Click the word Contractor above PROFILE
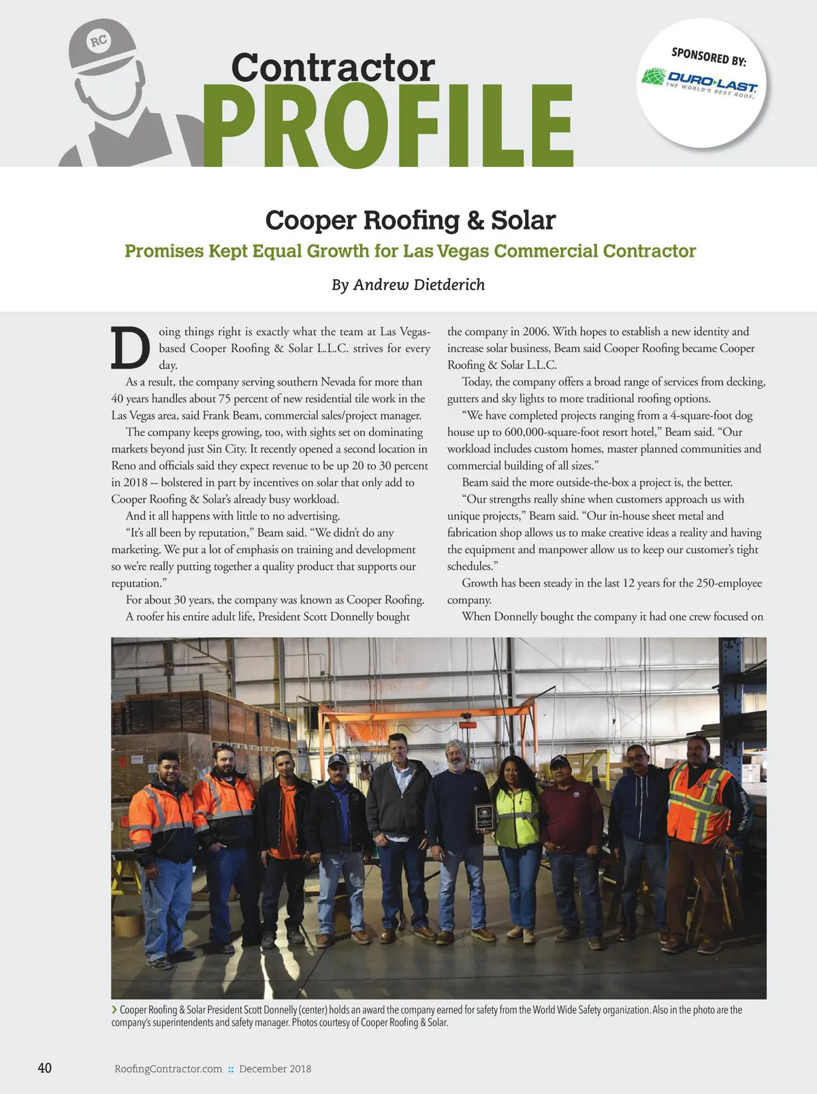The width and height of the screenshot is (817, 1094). pos(332,67)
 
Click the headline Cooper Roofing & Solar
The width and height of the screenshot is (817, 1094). pos(410,220)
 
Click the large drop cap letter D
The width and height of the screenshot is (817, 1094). pos(130,349)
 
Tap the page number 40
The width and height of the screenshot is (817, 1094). pos(44,1067)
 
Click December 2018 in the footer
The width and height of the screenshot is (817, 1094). pos(275,1069)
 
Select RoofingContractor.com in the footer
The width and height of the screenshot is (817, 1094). pos(168,1069)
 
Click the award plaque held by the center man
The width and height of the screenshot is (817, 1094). pos(484,816)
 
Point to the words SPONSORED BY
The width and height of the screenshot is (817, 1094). pos(709,57)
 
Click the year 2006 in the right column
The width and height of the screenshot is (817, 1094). pos(535,332)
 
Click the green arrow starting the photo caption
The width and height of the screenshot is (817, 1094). pos(114,1010)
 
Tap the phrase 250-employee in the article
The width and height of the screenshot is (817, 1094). pos(729,583)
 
